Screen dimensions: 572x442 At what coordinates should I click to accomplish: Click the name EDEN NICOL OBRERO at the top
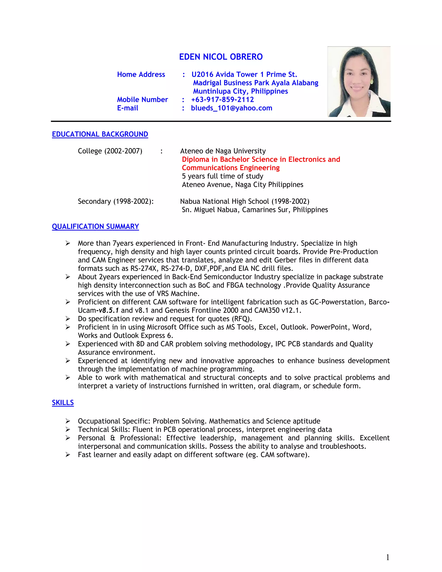click(x=221, y=57)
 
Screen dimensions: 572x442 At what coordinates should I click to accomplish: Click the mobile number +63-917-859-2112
click(x=222, y=100)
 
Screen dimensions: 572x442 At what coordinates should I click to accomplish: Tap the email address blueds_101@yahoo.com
click(x=232, y=108)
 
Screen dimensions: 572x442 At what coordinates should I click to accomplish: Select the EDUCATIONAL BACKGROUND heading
click(x=100, y=134)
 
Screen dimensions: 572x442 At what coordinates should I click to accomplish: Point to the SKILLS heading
click(x=63, y=403)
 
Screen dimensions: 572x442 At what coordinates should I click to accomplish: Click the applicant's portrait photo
click(x=359, y=82)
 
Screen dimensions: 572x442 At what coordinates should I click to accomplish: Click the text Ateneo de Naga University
click(x=223, y=151)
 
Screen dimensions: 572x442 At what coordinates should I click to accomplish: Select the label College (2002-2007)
click(x=110, y=151)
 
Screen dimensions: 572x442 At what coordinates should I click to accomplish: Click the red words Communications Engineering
click(x=231, y=168)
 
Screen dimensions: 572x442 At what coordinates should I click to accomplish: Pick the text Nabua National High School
click(x=224, y=201)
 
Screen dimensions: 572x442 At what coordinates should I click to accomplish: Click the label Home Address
click(x=141, y=74)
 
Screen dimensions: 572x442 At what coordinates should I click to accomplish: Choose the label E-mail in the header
click(x=128, y=108)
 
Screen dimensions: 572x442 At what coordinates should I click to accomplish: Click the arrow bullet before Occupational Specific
click(x=68, y=421)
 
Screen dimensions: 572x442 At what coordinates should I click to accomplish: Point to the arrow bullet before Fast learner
click(x=68, y=455)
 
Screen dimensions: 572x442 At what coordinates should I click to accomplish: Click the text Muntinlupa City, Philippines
click(x=240, y=91)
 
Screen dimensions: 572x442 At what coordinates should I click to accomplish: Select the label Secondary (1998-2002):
click(x=115, y=201)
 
